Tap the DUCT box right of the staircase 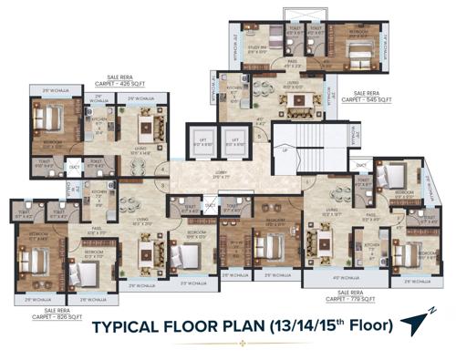tap(362, 165)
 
